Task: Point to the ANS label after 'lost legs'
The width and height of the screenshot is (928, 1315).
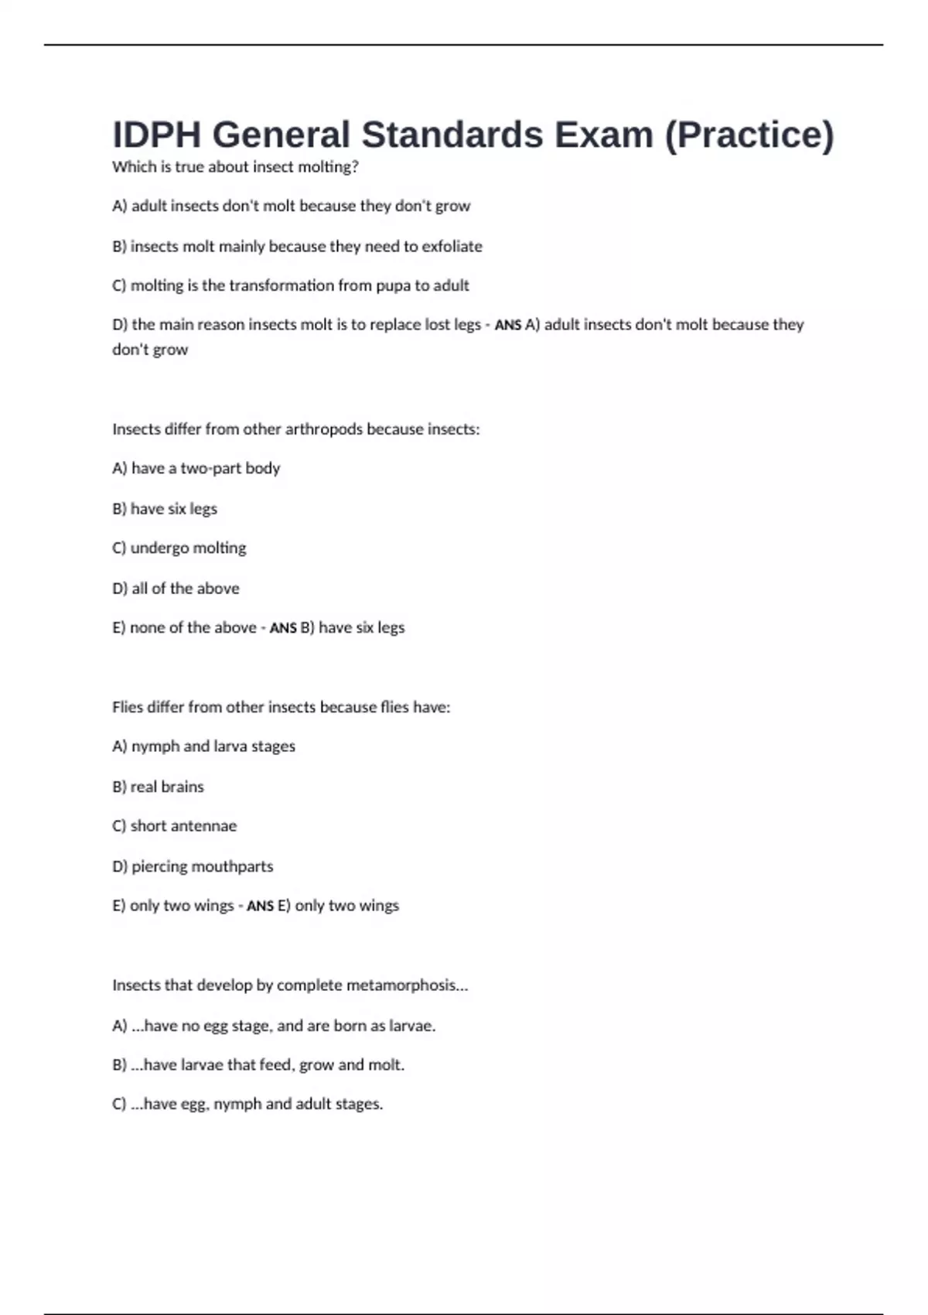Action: pos(507,326)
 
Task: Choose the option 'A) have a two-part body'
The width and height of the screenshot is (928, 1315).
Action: pos(196,468)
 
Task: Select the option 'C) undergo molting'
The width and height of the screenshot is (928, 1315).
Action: pos(179,548)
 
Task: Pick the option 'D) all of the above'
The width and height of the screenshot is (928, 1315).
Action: pos(176,588)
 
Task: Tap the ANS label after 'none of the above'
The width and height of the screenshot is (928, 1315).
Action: pos(282,628)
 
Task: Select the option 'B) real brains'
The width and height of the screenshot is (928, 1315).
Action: pos(158,787)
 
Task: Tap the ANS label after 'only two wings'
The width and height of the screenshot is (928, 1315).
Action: pos(260,906)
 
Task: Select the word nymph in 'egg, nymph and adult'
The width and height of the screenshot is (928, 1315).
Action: pos(237,1104)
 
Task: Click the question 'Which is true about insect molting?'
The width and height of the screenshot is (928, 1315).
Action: pos(235,167)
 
